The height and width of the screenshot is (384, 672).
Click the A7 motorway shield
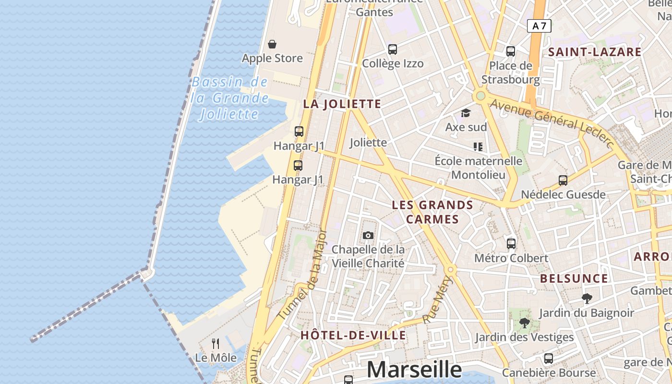pyautogui.click(x=539, y=26)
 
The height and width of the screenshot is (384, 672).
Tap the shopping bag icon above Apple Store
pyautogui.click(x=272, y=44)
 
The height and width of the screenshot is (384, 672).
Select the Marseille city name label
pyautogui.click(x=414, y=370)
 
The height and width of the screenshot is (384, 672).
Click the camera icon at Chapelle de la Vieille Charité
pyautogui.click(x=368, y=235)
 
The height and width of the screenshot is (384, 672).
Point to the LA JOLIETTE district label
pyautogui.click(x=342, y=104)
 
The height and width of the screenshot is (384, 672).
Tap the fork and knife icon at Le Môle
pyautogui.click(x=216, y=343)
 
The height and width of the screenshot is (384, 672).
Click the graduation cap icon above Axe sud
pyautogui.click(x=466, y=113)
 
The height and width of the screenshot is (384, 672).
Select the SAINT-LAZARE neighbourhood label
pyautogui.click(x=595, y=52)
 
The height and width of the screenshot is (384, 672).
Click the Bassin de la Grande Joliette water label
pyautogui.click(x=229, y=98)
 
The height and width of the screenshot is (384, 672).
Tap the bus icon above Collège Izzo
pyautogui.click(x=393, y=49)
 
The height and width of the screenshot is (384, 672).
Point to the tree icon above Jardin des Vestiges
pyautogui.click(x=524, y=323)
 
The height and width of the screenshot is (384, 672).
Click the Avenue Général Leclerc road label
pyautogui.click(x=552, y=120)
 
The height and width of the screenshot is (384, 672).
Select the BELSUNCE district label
pyautogui.click(x=574, y=279)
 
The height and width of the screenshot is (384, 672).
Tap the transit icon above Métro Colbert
pyautogui.click(x=511, y=243)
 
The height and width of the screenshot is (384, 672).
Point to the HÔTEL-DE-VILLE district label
pyautogui.click(x=353, y=336)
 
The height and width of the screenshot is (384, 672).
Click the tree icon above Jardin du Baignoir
pyautogui.click(x=587, y=299)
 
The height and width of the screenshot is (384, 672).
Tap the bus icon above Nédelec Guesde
pyautogui.click(x=563, y=180)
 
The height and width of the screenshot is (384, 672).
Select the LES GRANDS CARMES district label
pyautogui.click(x=432, y=212)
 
